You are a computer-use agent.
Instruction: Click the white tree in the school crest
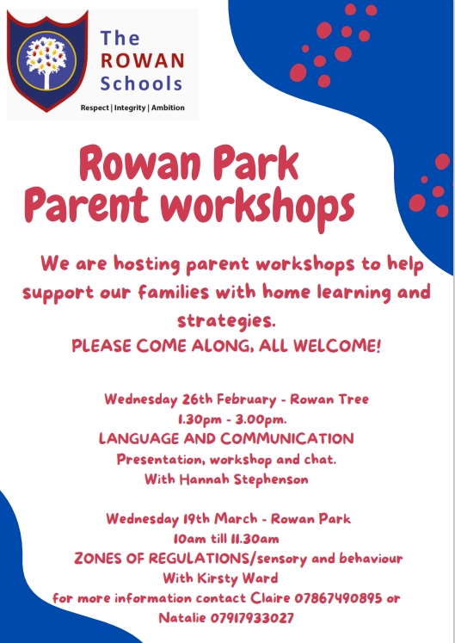pos(46,61)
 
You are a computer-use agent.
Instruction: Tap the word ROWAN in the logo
pos(143,61)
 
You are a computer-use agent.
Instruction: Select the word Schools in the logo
pos(141,83)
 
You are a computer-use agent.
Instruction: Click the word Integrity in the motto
pos(130,108)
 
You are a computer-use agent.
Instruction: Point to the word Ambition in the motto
pos(168,108)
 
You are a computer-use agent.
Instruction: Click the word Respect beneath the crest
pos(95,108)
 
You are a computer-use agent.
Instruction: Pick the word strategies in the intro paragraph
pos(226,320)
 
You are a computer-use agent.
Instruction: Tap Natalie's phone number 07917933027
pos(252,617)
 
